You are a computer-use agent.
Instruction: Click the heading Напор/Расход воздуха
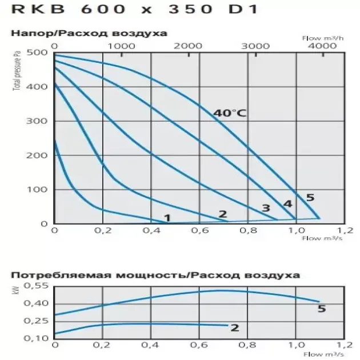tap(89, 33)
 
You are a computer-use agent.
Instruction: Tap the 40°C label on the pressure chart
tap(229, 113)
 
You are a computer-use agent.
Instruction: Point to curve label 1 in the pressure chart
tap(167, 217)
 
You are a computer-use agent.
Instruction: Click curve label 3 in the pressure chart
tap(266, 208)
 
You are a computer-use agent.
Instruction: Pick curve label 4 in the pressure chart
tap(287, 203)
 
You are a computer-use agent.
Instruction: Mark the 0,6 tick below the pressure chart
tap(198, 230)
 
